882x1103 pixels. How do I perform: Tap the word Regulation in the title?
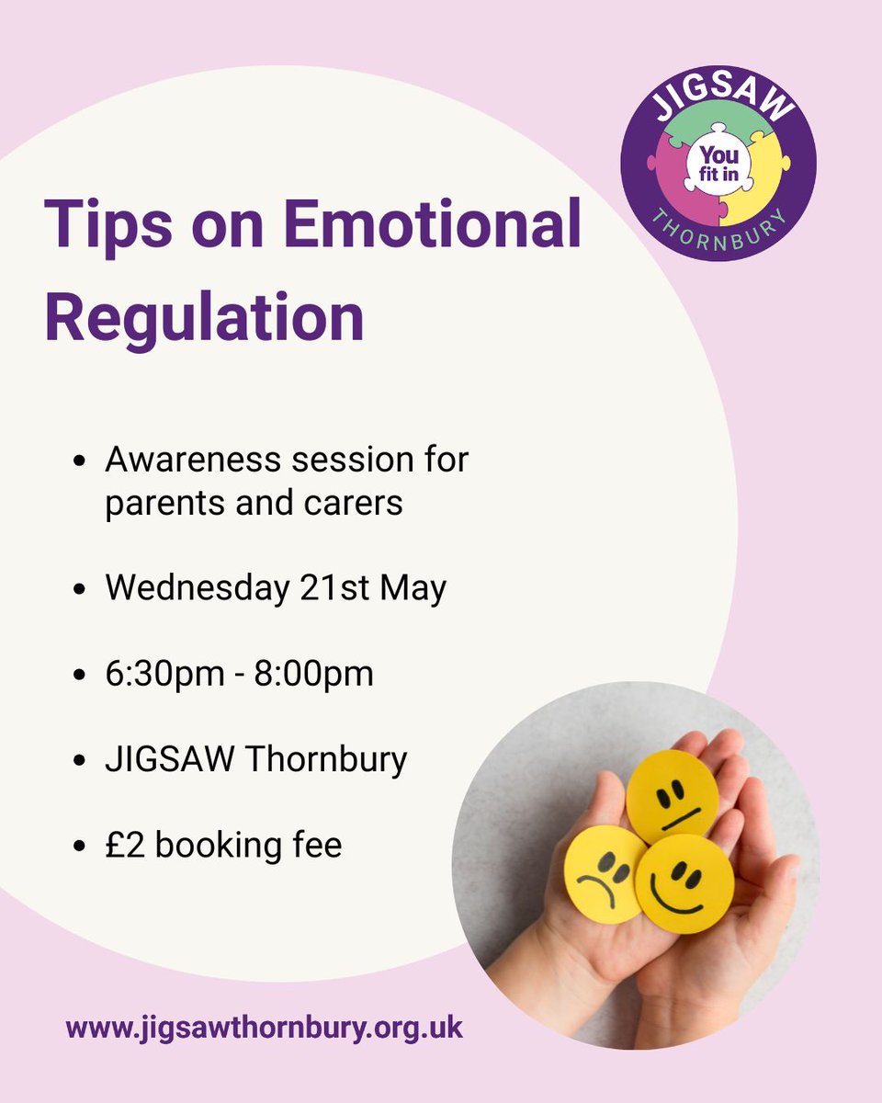pos(204,316)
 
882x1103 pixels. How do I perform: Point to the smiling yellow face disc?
pos(684,883)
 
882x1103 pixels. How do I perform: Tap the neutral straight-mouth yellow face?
pos(673,797)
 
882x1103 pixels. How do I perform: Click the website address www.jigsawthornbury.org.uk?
pos(265,1027)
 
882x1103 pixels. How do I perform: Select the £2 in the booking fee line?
pos(124,845)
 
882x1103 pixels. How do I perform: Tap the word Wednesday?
pos(197,588)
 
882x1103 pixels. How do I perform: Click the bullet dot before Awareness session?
pos(81,461)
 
